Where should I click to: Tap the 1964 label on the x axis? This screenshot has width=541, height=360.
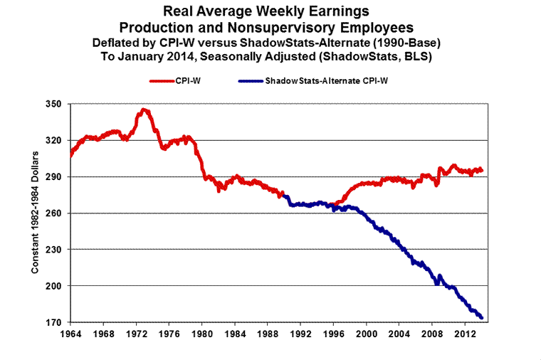(x=70, y=333)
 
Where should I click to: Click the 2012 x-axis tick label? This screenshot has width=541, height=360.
(x=465, y=333)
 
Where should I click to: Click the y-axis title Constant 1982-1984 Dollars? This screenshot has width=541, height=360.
(x=34, y=213)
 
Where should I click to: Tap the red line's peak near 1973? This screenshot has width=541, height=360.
(x=145, y=110)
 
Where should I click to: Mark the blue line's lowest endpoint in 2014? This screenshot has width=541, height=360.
(x=482, y=317)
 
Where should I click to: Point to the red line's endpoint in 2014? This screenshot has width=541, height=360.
(x=482, y=170)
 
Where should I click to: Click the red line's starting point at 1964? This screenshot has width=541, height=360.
(x=71, y=154)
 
